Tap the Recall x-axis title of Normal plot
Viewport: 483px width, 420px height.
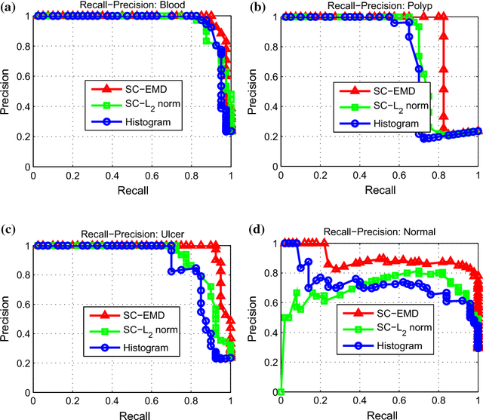click(380, 414)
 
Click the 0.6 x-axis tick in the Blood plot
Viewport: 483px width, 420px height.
click(152, 176)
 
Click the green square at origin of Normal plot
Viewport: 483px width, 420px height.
click(281, 392)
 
